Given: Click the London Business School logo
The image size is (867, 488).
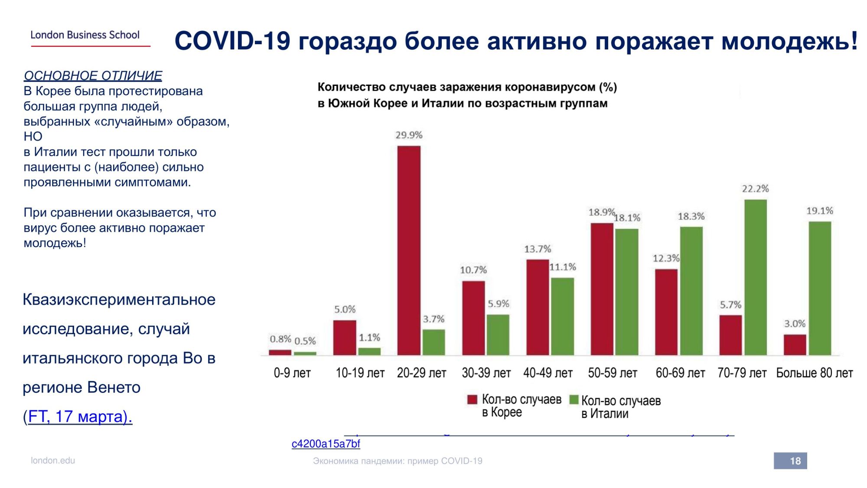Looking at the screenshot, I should (x=85, y=35).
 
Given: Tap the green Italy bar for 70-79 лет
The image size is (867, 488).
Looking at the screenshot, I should (x=756, y=277).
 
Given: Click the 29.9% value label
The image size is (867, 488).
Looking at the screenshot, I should (x=409, y=135).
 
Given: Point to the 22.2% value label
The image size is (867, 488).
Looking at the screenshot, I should (x=755, y=189).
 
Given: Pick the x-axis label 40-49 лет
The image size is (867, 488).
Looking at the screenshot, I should (x=548, y=373).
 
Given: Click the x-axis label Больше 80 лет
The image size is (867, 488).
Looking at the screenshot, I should (x=814, y=373).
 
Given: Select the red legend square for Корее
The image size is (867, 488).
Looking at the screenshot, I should (x=472, y=400).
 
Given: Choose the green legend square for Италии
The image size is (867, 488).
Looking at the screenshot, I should (x=574, y=400).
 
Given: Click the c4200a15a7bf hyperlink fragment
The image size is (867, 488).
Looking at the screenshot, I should (x=326, y=444).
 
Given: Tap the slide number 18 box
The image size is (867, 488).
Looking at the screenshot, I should (x=790, y=461).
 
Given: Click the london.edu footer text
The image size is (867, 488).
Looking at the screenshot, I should (x=53, y=461).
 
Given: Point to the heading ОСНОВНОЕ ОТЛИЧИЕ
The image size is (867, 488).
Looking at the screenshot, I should (x=93, y=75).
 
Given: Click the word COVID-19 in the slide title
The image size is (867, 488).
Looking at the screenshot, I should (x=232, y=41).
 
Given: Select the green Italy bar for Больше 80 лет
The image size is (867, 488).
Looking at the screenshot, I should (x=820, y=288).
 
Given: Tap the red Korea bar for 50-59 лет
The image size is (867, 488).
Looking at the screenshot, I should (x=602, y=289).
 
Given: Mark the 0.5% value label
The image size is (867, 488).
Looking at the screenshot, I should (x=305, y=341).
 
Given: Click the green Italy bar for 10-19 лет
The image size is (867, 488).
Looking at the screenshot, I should (x=369, y=351).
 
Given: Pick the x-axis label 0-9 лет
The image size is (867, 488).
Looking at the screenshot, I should (x=292, y=373).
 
